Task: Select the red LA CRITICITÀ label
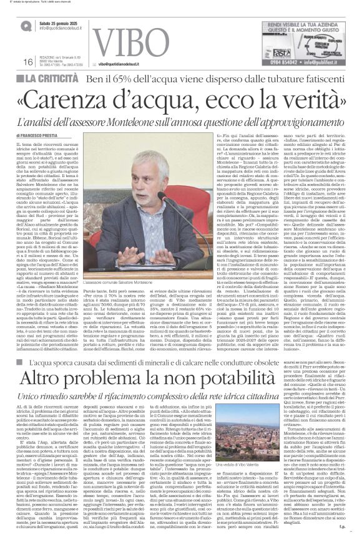[x=53, y=79]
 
